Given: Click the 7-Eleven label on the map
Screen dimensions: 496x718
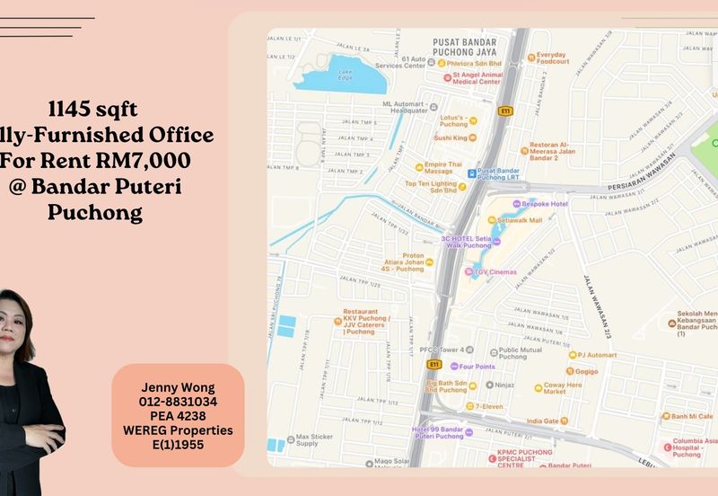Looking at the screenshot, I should point(489,406).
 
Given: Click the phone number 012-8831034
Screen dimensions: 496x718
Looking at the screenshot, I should point(178,402).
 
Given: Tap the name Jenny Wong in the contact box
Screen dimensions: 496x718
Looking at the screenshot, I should point(178,387).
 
